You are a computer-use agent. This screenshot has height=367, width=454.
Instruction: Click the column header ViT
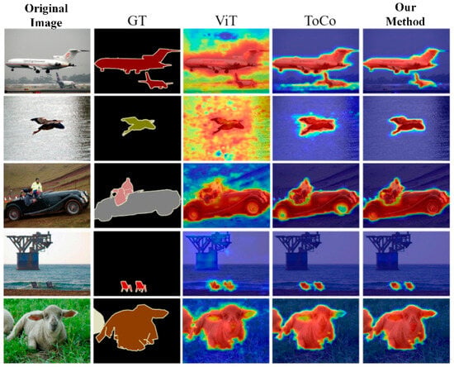click(x=226, y=21)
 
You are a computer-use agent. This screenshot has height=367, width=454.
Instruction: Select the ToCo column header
click(x=320, y=21)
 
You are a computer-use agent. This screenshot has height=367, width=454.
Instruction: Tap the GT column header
click(x=137, y=21)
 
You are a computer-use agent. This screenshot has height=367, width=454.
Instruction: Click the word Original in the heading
click(x=46, y=7)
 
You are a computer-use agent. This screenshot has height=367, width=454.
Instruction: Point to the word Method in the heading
click(x=405, y=21)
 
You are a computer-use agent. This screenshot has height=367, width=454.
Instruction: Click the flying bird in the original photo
click(x=48, y=125)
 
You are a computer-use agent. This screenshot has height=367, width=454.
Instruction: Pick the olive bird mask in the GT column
click(x=139, y=126)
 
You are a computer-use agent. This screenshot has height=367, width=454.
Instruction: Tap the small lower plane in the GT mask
click(x=155, y=82)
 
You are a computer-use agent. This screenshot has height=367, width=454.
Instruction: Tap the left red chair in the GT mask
click(x=125, y=286)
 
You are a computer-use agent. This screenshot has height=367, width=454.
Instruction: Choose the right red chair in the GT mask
click(x=140, y=286)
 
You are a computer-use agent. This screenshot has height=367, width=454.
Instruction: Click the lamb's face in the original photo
click(x=51, y=323)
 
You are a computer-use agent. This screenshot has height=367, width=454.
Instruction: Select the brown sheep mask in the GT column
click(x=132, y=327)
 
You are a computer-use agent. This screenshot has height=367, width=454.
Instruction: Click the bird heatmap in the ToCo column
click(x=316, y=126)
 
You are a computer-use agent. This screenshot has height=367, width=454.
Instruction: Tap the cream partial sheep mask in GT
click(x=98, y=323)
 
